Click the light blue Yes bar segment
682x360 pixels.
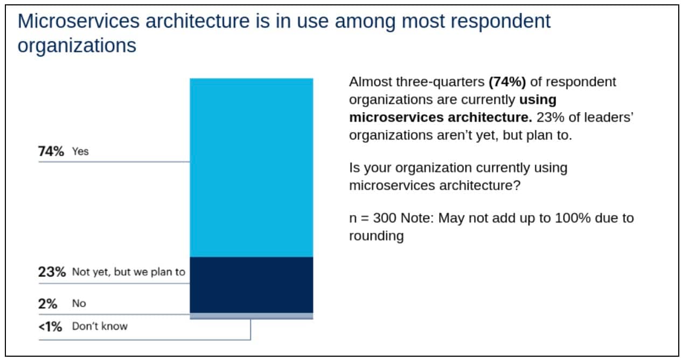(251, 168)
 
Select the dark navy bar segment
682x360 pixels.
(251, 285)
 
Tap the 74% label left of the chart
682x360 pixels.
(51, 151)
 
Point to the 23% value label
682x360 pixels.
(51, 272)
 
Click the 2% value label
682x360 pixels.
(48, 303)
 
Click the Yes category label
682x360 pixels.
(80, 151)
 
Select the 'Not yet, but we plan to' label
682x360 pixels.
(128, 272)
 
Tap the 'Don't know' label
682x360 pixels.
(100, 326)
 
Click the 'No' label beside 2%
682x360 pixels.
(79, 303)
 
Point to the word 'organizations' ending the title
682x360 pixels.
(76, 45)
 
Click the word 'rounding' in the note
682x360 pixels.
(376, 236)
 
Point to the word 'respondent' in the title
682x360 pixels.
(503, 22)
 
